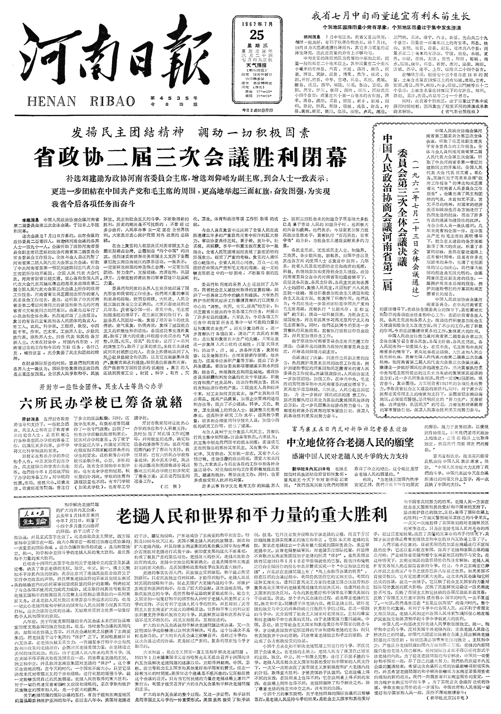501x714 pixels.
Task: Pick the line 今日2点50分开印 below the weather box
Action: [258, 111]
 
